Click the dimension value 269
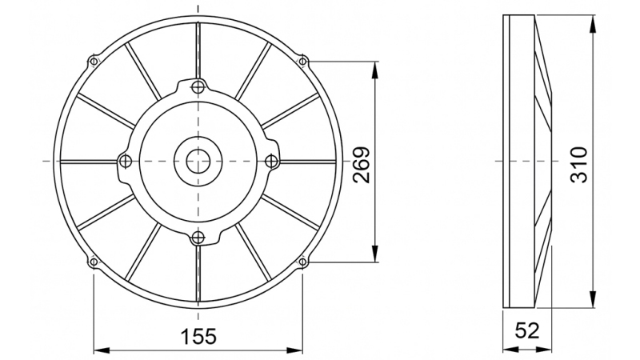pos(361,165)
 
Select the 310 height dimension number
pos(579,165)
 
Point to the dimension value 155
pos(198,336)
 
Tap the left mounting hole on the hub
pos(123,161)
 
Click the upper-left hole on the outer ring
pos(94,61)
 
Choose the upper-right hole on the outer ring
pos(302,61)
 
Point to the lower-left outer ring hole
pos(94,261)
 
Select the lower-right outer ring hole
pos(302,261)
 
